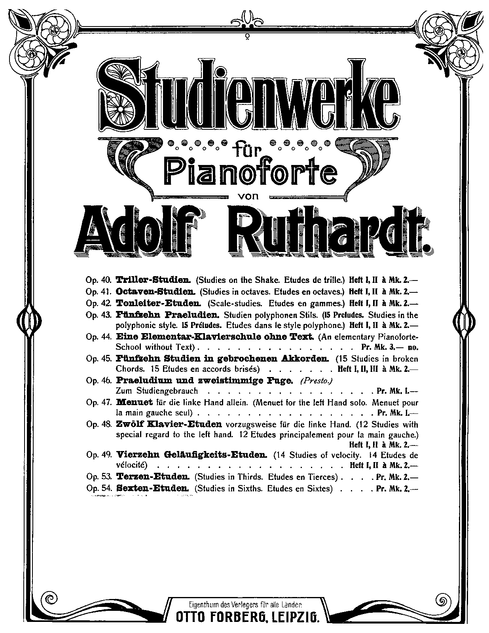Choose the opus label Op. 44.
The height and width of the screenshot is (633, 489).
pos(99,337)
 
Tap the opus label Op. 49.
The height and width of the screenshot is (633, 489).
pos(99,455)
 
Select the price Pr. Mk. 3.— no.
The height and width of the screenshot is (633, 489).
pos(390,347)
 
